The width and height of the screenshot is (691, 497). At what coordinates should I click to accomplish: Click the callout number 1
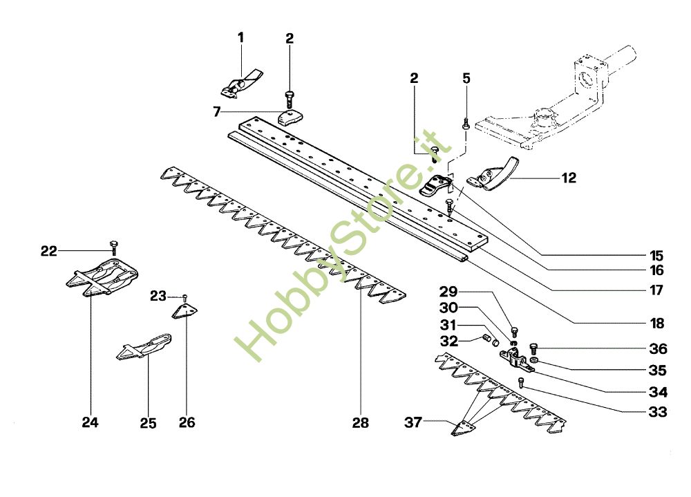click(x=241, y=37)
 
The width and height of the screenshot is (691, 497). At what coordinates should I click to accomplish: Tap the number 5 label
click(x=466, y=78)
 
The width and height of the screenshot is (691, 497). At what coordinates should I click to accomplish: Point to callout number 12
click(x=569, y=178)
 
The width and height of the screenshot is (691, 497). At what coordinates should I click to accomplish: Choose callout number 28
click(x=360, y=422)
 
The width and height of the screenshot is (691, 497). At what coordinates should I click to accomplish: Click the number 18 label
click(x=656, y=323)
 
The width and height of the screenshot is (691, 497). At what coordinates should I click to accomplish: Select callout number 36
click(x=658, y=348)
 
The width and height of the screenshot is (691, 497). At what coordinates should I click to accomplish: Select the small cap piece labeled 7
click(x=291, y=117)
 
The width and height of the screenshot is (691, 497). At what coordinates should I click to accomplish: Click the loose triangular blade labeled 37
click(x=460, y=429)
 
